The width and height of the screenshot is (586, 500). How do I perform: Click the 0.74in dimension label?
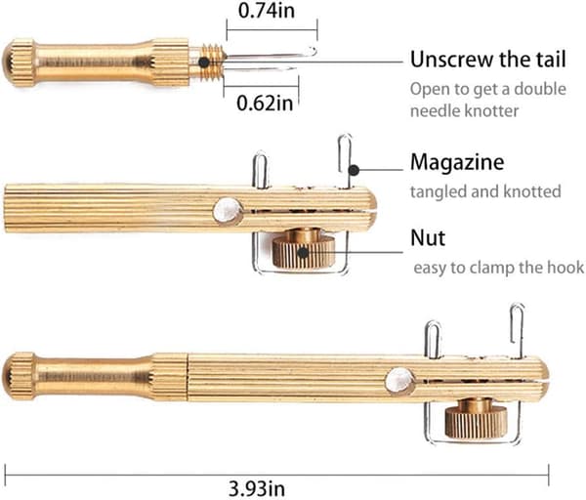point(267,10)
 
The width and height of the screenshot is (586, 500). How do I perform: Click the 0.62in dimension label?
point(265,103)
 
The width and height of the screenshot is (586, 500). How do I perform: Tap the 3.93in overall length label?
point(257,488)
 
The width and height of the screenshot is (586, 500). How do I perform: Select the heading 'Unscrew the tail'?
point(487,59)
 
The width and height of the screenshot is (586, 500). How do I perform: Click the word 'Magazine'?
point(457,162)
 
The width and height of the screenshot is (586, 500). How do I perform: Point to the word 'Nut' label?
point(428,237)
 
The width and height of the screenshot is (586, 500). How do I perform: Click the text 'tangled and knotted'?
point(485,191)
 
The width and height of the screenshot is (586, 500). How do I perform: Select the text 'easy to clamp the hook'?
point(498,268)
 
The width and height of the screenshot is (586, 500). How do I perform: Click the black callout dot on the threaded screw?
point(204,62)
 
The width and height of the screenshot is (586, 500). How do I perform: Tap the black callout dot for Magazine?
point(354,170)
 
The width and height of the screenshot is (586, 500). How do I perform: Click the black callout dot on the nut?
point(303,253)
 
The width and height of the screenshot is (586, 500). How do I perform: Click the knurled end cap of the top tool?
point(20,62)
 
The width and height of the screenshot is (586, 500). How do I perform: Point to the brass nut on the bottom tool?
point(476,420)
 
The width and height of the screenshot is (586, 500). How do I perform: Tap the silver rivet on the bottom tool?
point(399,380)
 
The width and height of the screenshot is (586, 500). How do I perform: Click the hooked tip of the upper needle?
point(314,50)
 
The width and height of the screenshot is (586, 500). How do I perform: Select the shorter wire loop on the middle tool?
point(261,169)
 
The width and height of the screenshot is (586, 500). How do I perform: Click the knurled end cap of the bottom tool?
point(20,376)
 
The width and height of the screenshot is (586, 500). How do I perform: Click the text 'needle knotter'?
point(465,111)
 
